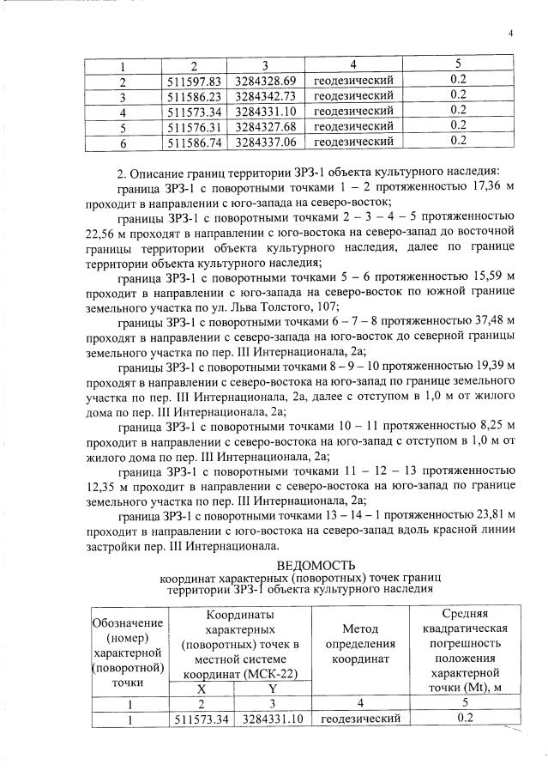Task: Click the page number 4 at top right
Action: coord(509,33)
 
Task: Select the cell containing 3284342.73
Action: coord(265,95)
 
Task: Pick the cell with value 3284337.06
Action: coord(265,140)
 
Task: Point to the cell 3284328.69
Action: coord(265,81)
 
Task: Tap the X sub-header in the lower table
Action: coord(201,689)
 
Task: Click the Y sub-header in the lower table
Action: coord(272,689)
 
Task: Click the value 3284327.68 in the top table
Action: coord(265,125)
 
